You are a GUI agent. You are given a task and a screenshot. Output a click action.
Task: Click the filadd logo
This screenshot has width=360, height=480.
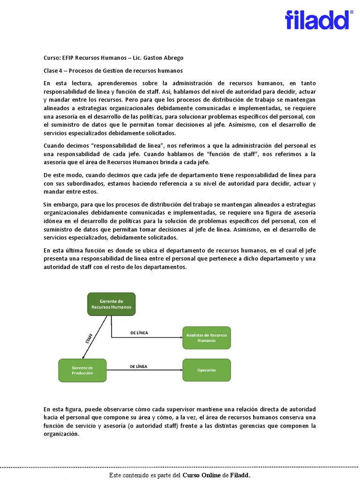(x=317, y=20)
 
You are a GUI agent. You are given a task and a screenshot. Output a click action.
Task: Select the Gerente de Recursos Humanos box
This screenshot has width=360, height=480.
(x=112, y=304)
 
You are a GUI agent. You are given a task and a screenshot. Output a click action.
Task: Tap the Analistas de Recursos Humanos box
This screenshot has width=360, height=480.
(x=206, y=337)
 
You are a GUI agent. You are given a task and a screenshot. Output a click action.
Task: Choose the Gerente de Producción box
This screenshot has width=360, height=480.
(x=82, y=370)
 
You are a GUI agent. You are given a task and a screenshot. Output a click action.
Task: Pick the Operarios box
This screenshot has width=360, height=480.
(x=206, y=370)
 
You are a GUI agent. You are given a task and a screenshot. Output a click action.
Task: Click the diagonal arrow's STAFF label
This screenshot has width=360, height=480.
(x=90, y=338)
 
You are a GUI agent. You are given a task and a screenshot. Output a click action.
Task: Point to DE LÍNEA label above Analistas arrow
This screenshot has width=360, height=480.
(x=139, y=333)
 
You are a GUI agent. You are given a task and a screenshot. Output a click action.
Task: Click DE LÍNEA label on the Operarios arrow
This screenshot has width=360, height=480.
(x=139, y=366)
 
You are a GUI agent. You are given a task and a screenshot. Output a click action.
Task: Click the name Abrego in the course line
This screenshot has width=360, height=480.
(x=173, y=58)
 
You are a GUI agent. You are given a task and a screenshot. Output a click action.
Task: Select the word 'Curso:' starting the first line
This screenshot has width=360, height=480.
(x=52, y=58)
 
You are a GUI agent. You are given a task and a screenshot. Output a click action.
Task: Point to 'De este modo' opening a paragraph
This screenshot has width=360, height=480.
(x=61, y=175)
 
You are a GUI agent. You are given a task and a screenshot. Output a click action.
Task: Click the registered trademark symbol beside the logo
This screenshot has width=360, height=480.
(x=352, y=12)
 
